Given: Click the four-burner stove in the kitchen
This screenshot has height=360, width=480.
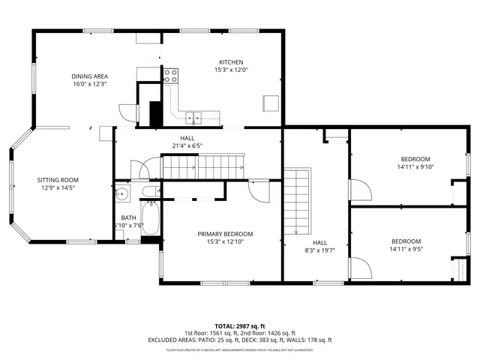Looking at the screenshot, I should [171, 76].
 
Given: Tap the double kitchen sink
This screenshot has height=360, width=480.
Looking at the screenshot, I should [194, 116].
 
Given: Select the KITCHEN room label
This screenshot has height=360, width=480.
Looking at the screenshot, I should [231, 62].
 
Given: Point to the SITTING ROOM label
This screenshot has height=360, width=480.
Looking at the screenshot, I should [58, 180].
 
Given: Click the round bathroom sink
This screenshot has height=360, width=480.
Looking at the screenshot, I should [122, 193].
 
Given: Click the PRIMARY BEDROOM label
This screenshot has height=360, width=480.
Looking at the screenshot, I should [220, 234].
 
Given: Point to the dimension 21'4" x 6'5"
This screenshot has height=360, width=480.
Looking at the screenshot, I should [187, 145].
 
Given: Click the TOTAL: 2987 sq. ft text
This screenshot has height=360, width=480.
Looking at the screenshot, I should [240, 326].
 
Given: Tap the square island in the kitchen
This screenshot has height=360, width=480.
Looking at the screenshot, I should [270, 103].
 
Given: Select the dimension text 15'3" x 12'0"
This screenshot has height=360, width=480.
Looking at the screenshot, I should [231, 70].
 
